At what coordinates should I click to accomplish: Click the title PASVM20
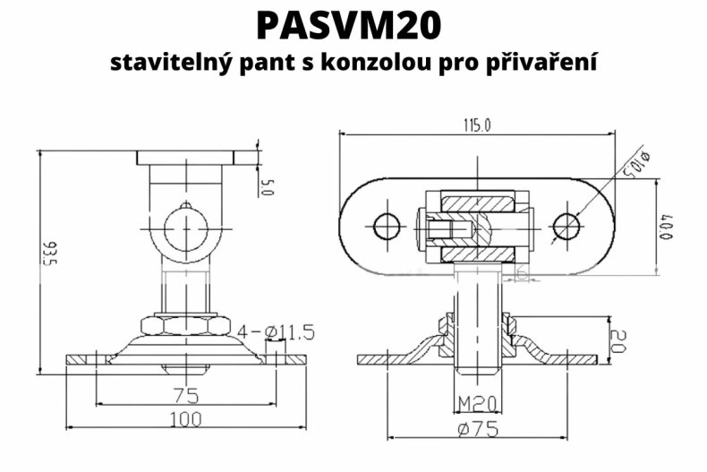click(349, 26)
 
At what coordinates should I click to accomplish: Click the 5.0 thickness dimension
click(266, 187)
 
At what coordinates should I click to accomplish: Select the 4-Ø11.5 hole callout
click(278, 333)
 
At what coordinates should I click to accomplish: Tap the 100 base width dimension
click(186, 419)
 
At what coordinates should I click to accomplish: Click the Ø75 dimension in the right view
click(477, 428)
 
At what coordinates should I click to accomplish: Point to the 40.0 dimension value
click(667, 228)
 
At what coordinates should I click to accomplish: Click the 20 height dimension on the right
click(618, 339)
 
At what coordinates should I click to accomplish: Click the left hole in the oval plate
click(387, 227)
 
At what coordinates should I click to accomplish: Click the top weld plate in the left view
click(186, 158)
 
